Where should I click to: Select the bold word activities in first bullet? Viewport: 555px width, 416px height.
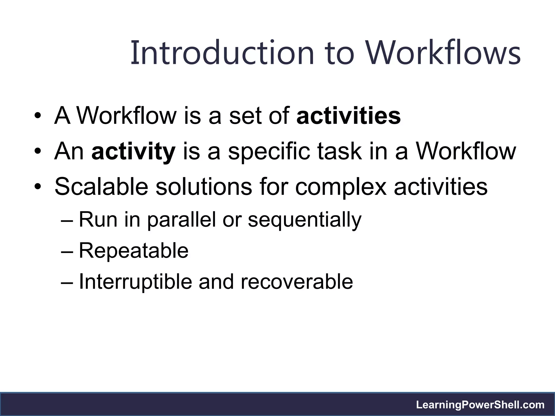[349, 116]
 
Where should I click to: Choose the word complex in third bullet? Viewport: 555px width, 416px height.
[341, 187]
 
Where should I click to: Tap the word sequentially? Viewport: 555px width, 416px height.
[305, 220]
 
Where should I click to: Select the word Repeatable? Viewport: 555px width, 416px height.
[133, 251]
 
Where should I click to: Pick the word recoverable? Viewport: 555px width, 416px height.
[297, 282]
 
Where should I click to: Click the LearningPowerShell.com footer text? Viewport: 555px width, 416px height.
[480, 405]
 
